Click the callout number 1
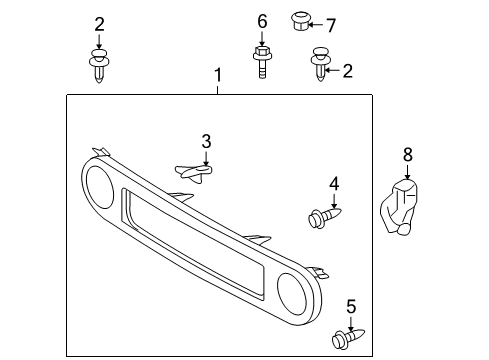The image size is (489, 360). pos(218,75)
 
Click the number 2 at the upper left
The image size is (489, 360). pos(98,24)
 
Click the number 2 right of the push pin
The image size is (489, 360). pos(347,70)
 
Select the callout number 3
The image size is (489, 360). pos(206,142)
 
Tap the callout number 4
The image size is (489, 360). pos(334,183)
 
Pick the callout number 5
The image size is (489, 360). pos(351,306)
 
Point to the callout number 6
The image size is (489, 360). pos(261,21)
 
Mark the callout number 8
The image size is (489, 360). pos(407,154)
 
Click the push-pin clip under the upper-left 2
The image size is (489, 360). pos(98,65)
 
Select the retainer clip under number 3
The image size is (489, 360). pos(196,175)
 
